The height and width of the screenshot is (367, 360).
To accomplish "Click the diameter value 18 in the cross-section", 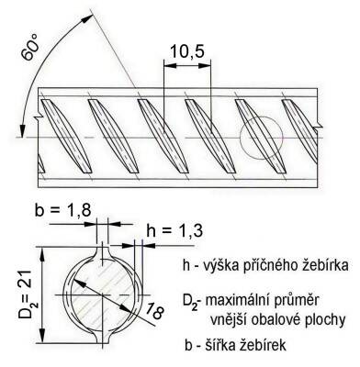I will (152, 313).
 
